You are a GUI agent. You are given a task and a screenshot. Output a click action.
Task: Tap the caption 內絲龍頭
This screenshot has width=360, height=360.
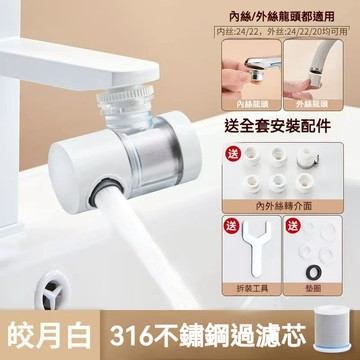[254, 102]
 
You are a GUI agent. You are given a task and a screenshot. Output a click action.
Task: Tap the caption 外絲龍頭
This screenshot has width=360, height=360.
[318, 102]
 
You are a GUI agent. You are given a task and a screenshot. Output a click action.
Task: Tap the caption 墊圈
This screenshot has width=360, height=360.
[318, 288]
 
